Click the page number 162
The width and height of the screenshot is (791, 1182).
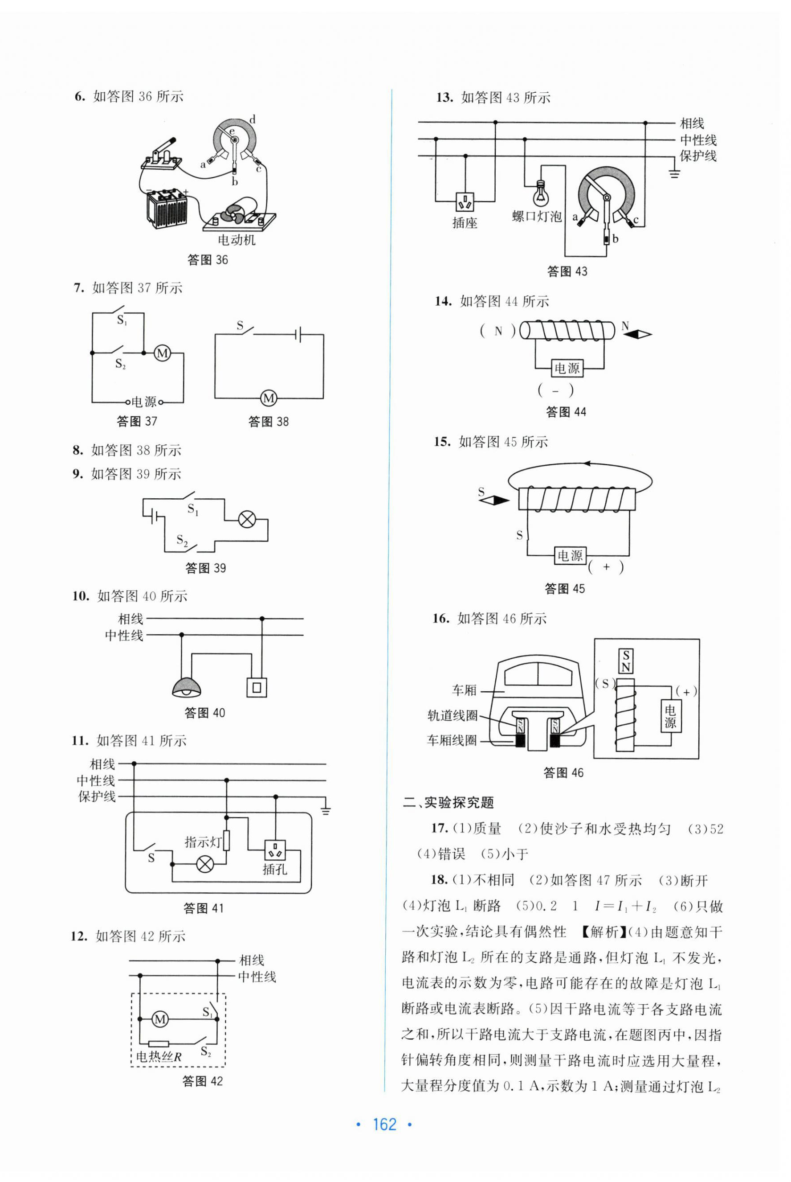pos(384,1125)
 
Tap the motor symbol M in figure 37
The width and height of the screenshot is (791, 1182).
pos(163,353)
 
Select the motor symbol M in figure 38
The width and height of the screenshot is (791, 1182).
pos(269,398)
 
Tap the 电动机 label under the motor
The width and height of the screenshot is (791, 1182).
pos(236,240)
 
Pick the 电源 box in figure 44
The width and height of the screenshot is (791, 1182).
pos(567,368)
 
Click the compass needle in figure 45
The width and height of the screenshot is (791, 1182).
pos(494,500)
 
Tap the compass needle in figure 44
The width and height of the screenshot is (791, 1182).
pos(636,333)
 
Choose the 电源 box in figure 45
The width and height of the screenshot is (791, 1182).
pos(570,556)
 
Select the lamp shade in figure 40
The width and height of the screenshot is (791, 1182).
pos(187,687)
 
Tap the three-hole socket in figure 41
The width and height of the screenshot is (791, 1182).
pos(275,850)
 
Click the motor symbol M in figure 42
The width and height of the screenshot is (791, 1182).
pos(160,1019)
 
